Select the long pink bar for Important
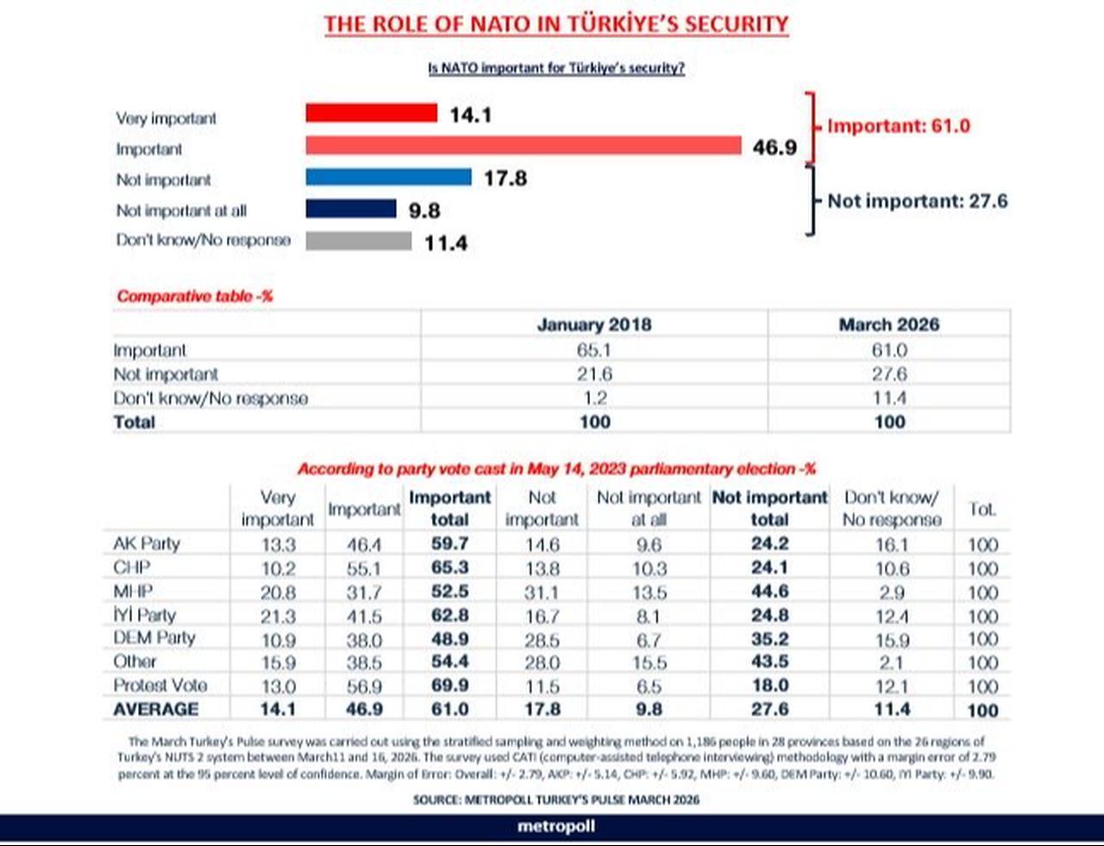524,145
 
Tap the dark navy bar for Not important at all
350,208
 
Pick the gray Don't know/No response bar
358,240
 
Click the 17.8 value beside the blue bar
505,179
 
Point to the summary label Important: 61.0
898,126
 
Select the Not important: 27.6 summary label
917,201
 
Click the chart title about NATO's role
555,24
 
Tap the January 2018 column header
593,325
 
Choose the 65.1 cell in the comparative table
594,350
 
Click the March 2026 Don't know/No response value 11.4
888,398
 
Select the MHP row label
133,592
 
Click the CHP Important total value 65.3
448,569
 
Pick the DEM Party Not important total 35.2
768,640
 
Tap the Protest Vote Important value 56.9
363,686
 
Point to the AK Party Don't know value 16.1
891,545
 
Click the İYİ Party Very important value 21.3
277,616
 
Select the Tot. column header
982,509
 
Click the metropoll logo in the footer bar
555,826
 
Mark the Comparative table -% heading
195,296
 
